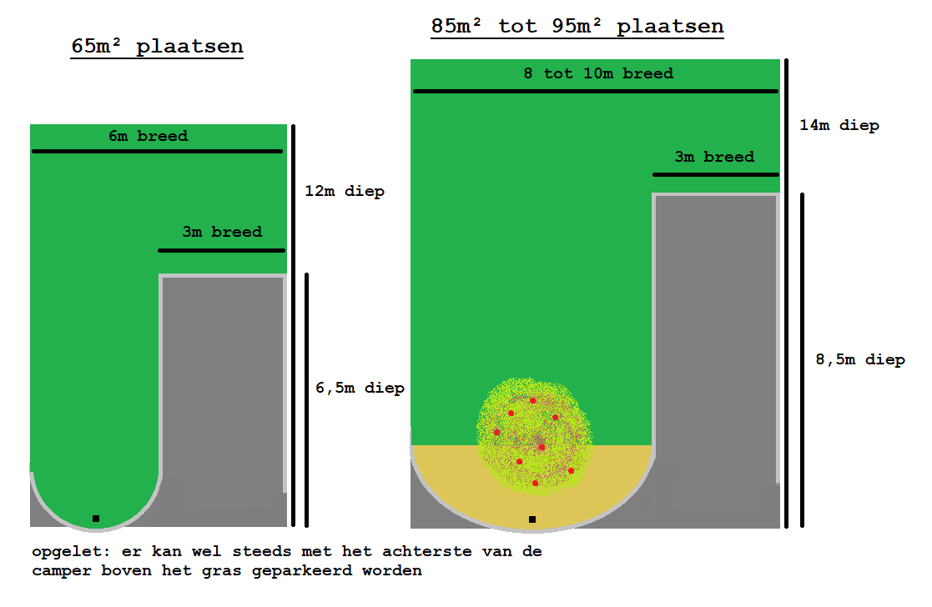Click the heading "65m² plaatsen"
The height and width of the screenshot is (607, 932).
pyautogui.click(x=157, y=47)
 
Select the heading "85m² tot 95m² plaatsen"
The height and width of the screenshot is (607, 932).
pyautogui.click(x=577, y=26)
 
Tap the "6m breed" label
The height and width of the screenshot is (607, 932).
pyautogui.click(x=148, y=136)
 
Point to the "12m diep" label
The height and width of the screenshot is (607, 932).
pyautogui.click(x=345, y=191)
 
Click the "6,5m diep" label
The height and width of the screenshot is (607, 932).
pyautogui.click(x=360, y=388)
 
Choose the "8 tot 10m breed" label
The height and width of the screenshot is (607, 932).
pyautogui.click(x=598, y=73)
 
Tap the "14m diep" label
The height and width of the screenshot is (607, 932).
pyautogui.click(x=839, y=125)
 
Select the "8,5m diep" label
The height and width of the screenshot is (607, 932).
pyautogui.click(x=861, y=359)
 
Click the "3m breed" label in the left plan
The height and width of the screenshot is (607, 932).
pyautogui.click(x=222, y=232)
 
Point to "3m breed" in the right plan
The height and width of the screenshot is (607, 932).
pyautogui.click(x=714, y=157)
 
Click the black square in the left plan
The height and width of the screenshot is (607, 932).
pyautogui.click(x=96, y=519)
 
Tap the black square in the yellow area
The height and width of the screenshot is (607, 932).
pyautogui.click(x=532, y=519)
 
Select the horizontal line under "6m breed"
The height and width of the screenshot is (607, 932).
pyautogui.click(x=157, y=152)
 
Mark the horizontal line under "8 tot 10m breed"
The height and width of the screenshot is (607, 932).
pyautogui.click(x=596, y=92)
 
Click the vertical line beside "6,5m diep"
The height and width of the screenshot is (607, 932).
pyautogui.click(x=307, y=400)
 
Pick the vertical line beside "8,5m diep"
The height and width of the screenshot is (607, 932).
pyautogui.click(x=802, y=360)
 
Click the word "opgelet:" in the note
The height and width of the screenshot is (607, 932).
pyautogui.click(x=71, y=552)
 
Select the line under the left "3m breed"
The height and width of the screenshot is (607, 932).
pyautogui.click(x=222, y=251)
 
